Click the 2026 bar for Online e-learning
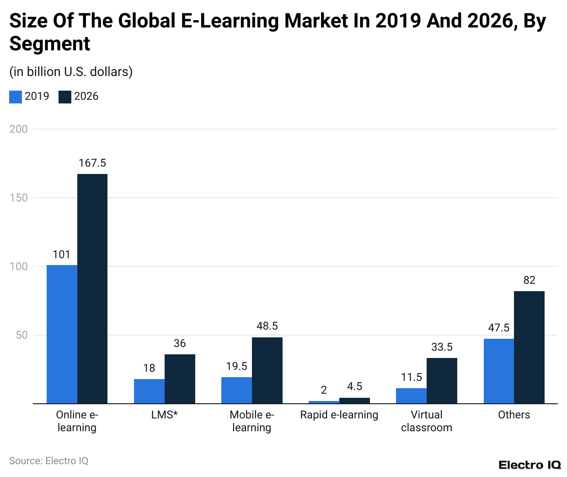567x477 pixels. (x=92, y=288)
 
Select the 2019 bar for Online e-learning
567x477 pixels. (x=62, y=334)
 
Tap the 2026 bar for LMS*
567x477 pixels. (x=180, y=379)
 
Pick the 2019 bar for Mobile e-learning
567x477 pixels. (x=236, y=390)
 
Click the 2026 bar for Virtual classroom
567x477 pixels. (x=442, y=381)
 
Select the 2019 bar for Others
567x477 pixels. (x=499, y=371)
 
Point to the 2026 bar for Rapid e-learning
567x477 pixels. (x=354, y=401)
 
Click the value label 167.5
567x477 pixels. (x=92, y=163)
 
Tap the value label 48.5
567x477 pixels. (x=267, y=326)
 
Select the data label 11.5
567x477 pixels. (x=412, y=378)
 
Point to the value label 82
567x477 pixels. (x=529, y=281)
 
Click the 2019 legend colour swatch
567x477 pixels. (x=16, y=97)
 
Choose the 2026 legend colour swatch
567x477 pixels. (x=65, y=97)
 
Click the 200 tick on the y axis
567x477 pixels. (x=19, y=129)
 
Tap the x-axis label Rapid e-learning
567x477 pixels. (x=339, y=415)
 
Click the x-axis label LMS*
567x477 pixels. (x=165, y=415)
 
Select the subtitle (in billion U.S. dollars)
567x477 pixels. (x=71, y=72)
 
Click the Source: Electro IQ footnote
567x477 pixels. (x=48, y=461)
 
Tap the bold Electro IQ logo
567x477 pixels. (x=530, y=465)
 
